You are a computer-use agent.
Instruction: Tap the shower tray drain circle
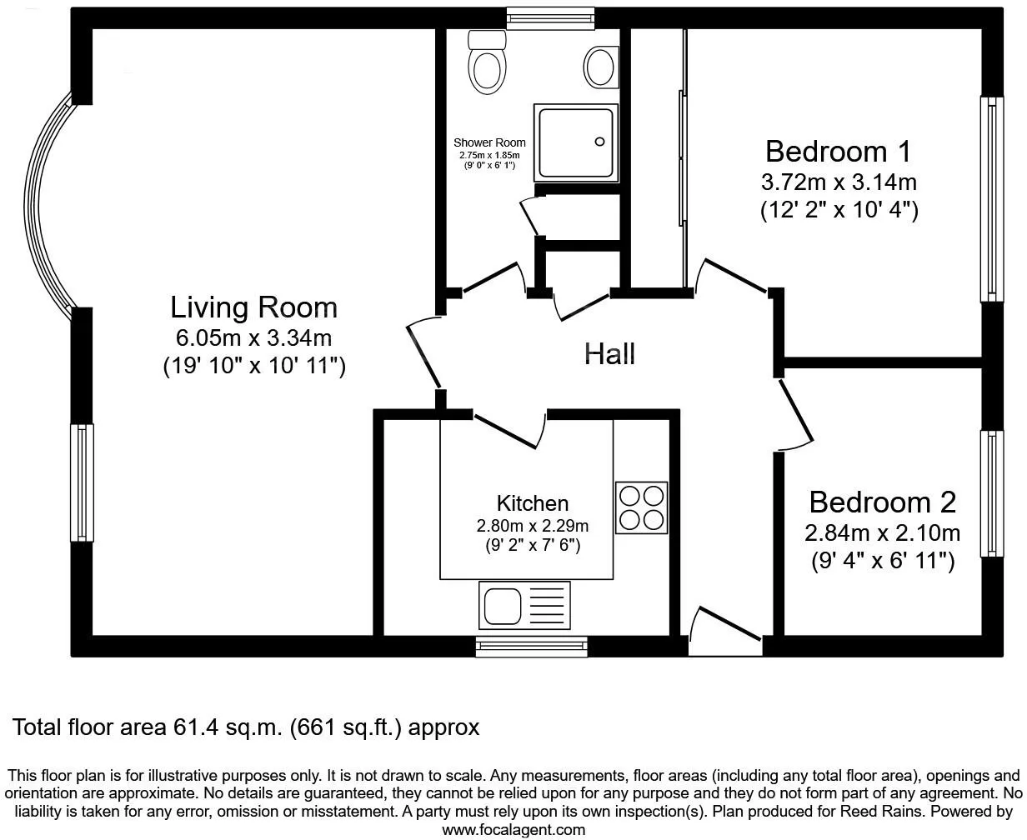599,142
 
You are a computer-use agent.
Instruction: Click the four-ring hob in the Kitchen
641,507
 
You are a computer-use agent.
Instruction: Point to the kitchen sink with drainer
524,605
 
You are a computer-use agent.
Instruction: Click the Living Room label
253,307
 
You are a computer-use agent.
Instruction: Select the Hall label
609,353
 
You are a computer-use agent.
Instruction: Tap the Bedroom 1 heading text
838,152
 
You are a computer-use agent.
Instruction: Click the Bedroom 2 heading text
882,502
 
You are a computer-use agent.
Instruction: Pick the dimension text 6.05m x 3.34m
253,338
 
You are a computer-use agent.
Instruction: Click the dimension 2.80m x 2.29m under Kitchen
532,526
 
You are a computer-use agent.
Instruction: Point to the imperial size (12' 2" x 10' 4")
839,210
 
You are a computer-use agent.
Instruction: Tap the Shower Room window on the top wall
550,17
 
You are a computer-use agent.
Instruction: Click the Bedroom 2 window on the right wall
990,493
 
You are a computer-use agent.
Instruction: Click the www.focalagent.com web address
513,830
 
